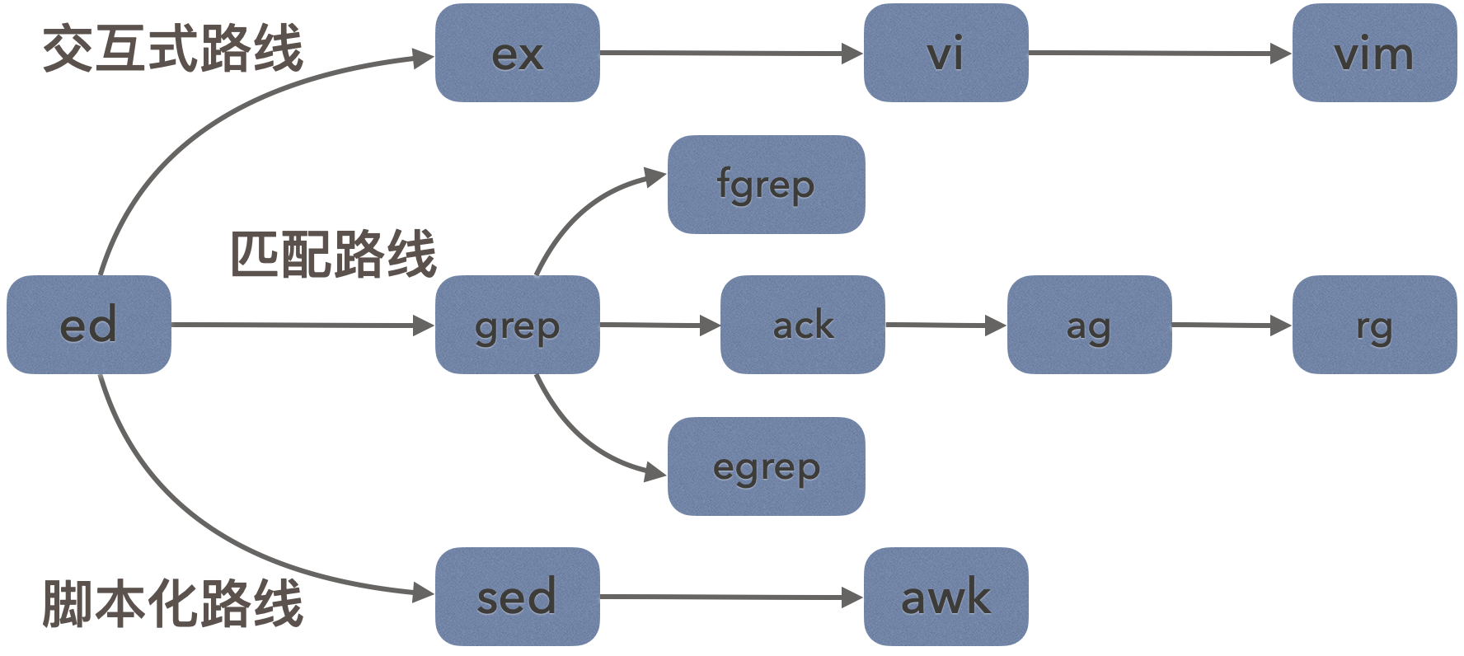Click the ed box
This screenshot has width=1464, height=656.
coord(89,325)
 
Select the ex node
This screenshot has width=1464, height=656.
coord(517,53)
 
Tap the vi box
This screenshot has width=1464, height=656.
coord(945,53)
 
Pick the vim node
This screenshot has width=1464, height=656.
coord(1374,53)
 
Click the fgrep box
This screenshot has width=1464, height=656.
coord(766,185)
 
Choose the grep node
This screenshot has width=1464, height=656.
coord(517,325)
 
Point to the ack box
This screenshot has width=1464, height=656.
coord(802,325)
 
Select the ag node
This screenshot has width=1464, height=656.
coord(1089,325)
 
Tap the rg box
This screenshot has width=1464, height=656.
coord(1374,325)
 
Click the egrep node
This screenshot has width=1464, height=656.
coord(766,466)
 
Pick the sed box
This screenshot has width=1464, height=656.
coord(517,597)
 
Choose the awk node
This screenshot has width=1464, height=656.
coord(945,597)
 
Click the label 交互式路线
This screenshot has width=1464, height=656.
coord(172,48)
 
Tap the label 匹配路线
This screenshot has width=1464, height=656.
coord(332,253)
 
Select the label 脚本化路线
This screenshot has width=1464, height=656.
coord(172,603)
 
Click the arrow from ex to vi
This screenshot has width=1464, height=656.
coord(731,54)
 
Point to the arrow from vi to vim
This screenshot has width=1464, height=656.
coord(1160,54)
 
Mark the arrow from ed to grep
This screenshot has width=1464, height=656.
coord(303,325)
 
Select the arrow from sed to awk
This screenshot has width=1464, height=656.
coord(731,597)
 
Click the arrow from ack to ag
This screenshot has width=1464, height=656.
coord(945,325)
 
